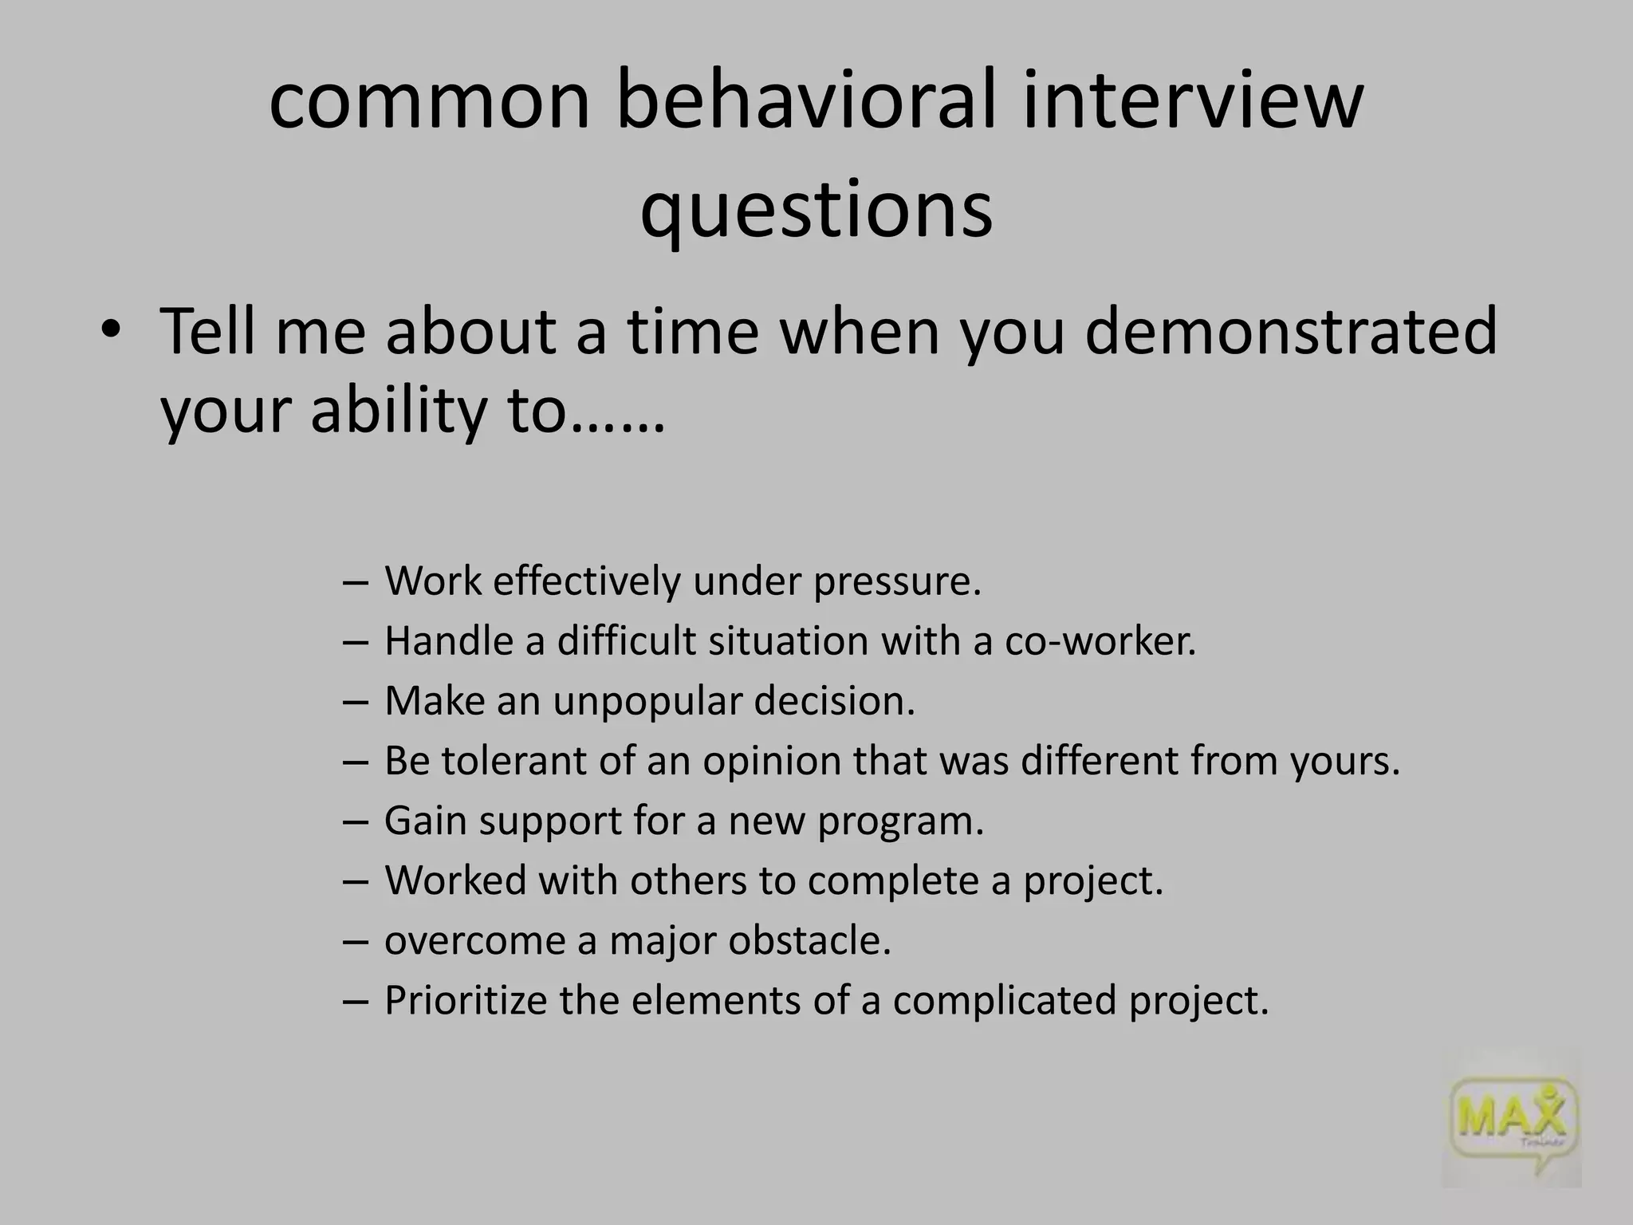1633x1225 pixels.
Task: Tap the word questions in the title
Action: click(x=816, y=209)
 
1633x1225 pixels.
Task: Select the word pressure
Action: click(x=897, y=581)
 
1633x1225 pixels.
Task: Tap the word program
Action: click(x=900, y=821)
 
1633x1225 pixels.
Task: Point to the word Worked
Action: click(x=454, y=880)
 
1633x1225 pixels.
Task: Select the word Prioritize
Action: click(x=466, y=1000)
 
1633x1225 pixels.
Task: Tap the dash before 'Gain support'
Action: click(x=355, y=821)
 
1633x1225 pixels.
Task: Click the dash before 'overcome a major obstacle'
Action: click(x=355, y=941)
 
